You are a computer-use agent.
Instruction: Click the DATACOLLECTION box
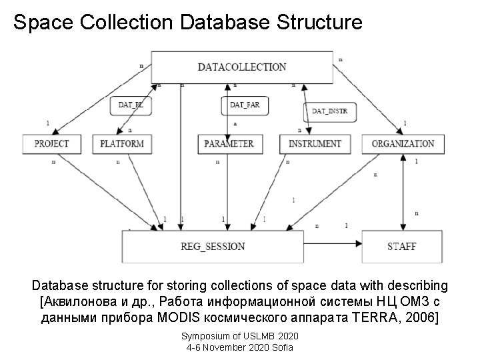pyautogui.click(x=242, y=67)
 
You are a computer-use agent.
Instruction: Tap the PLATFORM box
pyautogui.click(x=121, y=143)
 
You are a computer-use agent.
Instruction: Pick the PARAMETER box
pyautogui.click(x=229, y=143)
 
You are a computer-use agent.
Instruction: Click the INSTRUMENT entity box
pyautogui.click(x=315, y=143)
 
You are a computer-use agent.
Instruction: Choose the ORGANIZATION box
pyautogui.click(x=403, y=143)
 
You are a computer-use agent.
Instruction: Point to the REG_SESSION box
pyautogui.click(x=213, y=246)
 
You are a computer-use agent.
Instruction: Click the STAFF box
pyautogui.click(x=401, y=246)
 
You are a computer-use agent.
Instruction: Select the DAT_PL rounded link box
pyautogui.click(x=131, y=105)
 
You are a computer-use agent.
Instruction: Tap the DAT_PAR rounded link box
pyautogui.click(x=244, y=105)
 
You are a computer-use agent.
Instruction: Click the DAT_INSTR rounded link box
pyautogui.click(x=329, y=111)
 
